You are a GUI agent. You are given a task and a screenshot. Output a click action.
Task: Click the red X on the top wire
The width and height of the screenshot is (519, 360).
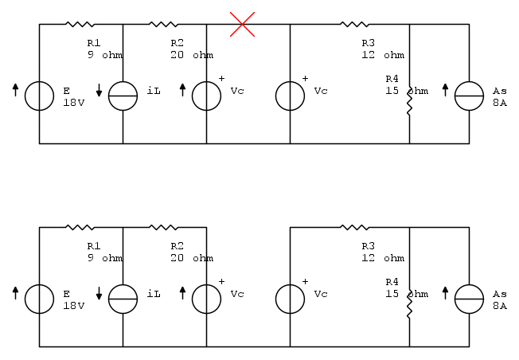242,24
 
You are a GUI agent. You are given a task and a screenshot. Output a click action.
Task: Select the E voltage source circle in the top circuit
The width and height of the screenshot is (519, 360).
39,96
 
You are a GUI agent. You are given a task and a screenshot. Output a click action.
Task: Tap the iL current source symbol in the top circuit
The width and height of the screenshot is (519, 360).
123,96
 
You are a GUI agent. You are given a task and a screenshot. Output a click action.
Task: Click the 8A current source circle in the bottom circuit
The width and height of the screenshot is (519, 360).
469,299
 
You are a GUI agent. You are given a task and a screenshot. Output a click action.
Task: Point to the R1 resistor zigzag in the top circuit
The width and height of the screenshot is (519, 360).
80,24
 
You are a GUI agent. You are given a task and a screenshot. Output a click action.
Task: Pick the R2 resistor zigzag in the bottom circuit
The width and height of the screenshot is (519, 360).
164,227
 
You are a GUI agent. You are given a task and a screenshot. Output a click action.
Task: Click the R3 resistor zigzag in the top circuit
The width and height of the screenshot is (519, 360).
354,24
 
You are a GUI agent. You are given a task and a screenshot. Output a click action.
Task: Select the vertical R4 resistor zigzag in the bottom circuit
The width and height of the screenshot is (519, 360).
409,303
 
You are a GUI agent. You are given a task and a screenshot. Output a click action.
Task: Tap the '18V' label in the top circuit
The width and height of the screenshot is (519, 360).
73,103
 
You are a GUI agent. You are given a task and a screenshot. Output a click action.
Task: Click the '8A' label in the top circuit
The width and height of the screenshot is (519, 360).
499,103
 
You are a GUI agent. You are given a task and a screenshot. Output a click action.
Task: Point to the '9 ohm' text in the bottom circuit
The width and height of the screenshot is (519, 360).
105,258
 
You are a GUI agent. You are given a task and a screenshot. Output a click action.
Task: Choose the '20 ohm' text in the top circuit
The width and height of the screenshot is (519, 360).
191,55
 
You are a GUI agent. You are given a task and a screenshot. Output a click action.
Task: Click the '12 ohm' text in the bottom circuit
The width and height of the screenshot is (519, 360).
382,258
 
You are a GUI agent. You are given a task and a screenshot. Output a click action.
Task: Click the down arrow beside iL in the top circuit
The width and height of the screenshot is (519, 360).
100,91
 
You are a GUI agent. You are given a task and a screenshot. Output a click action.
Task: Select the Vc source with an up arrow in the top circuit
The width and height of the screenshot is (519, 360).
206,96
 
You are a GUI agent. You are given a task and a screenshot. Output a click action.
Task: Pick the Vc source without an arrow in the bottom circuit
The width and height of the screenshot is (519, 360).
290,299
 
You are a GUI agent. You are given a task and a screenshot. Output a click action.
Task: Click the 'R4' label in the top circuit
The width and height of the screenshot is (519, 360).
391,79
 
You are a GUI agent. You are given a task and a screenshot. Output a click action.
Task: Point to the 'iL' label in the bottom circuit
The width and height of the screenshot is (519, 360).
154,294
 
